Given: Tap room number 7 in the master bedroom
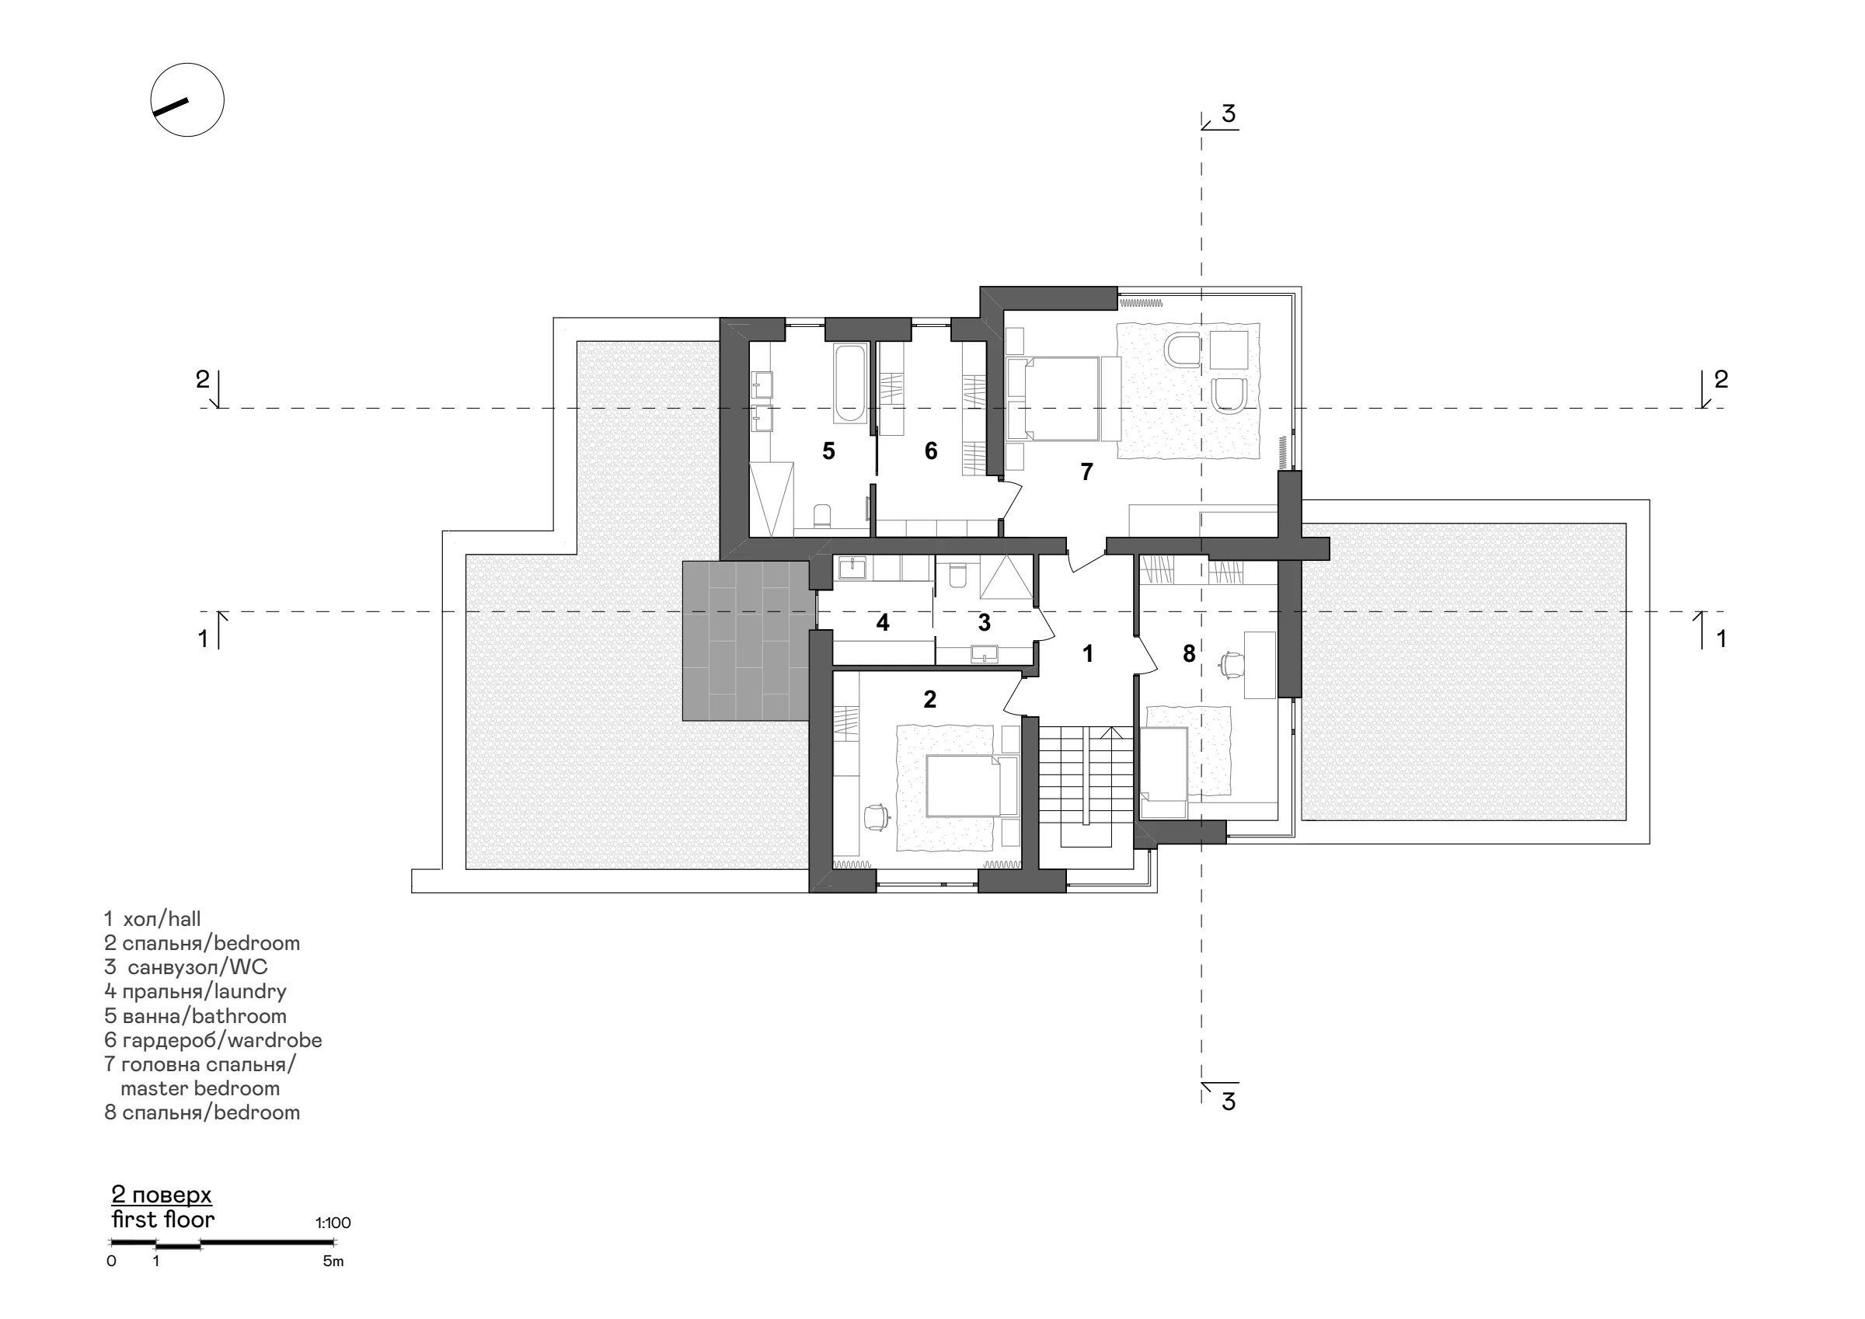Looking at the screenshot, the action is coord(1087,471).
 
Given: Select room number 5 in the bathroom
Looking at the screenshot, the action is coord(828,451).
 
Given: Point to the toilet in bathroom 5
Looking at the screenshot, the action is coord(822,517).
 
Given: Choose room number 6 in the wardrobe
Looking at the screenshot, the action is coord(931,451).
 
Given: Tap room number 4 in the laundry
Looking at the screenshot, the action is coord(883,623).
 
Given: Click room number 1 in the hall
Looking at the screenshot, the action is coord(1088,653).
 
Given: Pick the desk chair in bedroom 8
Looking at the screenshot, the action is coord(1232,663).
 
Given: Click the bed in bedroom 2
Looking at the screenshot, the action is coord(971,785).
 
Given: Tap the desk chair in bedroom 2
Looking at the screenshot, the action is coord(876,817).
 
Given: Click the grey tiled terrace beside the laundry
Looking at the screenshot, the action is coord(748,641).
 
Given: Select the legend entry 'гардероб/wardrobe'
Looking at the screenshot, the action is coord(213,1039).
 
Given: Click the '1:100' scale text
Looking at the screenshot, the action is coord(333,1223).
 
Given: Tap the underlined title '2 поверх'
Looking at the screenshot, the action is coord(162,1195).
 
